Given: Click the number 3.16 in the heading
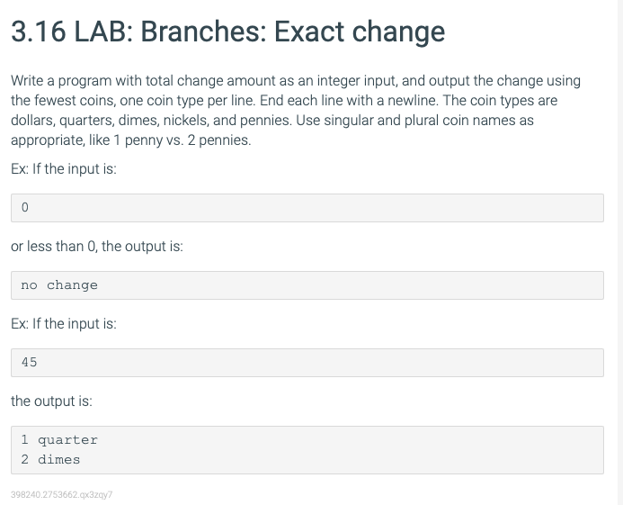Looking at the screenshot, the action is tap(38, 32).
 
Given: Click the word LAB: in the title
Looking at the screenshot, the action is tap(103, 32).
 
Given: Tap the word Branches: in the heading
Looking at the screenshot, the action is tap(203, 32).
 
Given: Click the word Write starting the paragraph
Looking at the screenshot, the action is tap(27, 81).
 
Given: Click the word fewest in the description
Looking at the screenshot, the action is tap(55, 101).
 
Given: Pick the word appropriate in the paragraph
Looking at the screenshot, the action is tap(48, 140).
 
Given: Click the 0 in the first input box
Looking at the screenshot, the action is tap(24, 207).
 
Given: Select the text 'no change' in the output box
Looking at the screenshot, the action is tap(59, 285).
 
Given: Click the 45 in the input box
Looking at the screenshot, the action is tap(29, 362).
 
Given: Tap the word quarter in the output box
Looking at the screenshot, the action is tap(67, 440).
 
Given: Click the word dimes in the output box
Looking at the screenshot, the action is tap(58, 460).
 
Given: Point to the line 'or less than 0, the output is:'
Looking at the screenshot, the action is tap(97, 247).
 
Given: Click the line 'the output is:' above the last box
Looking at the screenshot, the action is tap(51, 401).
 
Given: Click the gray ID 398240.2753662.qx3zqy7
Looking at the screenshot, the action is tap(62, 495).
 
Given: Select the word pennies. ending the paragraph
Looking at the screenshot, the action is tap(225, 140).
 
